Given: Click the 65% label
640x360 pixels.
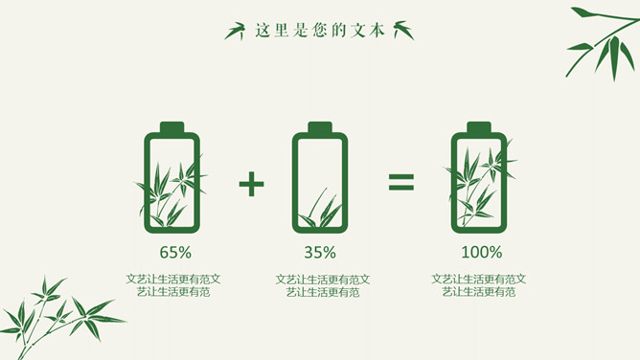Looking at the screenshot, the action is [x=175, y=253].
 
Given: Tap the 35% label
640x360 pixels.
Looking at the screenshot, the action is [x=320, y=253].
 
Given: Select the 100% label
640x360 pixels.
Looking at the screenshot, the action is [x=482, y=253].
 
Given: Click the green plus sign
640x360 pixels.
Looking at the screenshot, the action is [x=251, y=184].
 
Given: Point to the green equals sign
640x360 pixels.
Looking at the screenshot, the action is [x=401, y=182].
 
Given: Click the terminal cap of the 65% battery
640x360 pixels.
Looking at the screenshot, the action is [x=171, y=127].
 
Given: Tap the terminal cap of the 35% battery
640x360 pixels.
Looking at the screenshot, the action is [x=320, y=127].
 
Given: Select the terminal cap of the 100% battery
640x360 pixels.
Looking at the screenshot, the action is [x=479, y=127].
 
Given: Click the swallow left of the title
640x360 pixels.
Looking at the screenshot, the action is [x=236, y=31].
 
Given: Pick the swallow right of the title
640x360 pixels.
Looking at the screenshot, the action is [x=403, y=30].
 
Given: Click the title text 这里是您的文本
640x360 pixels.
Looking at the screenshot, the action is [x=320, y=31].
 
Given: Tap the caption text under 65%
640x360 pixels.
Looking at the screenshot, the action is [x=173, y=285].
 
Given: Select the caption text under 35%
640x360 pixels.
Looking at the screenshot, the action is [x=323, y=285].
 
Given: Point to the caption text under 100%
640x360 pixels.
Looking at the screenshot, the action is [x=479, y=285].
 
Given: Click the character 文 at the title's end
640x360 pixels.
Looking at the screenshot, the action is [x=358, y=31].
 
